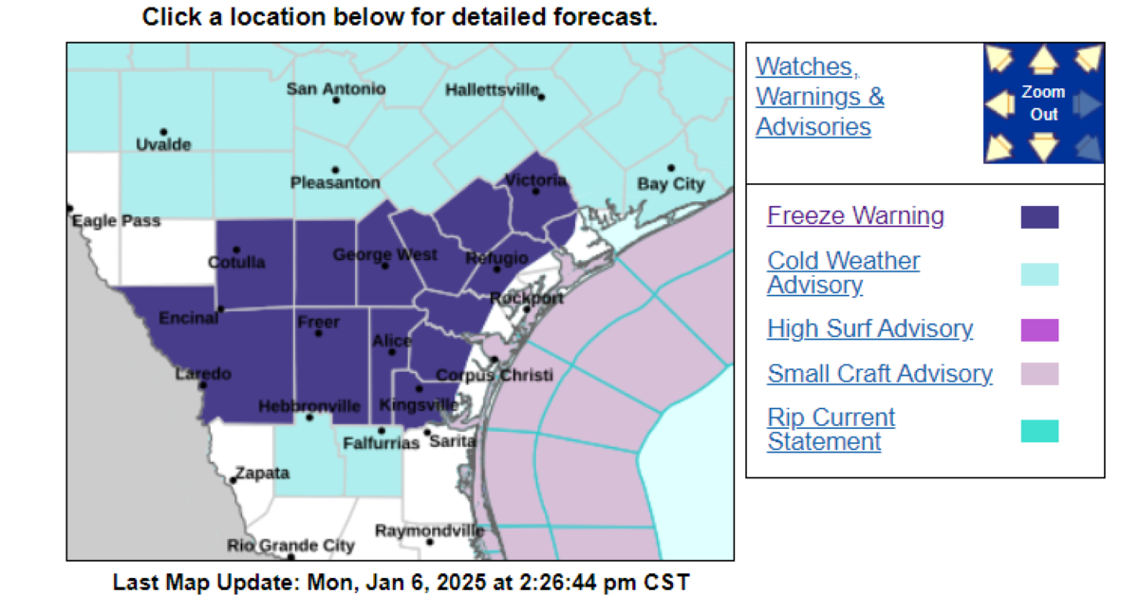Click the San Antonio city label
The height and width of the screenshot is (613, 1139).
336,89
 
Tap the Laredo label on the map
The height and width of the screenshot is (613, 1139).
203,374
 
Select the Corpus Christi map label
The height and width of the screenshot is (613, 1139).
494,376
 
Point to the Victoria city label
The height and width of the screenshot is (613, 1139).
536,180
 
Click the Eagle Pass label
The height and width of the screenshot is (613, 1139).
117,221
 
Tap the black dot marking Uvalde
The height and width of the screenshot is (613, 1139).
163,132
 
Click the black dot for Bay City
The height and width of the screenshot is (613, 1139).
671,168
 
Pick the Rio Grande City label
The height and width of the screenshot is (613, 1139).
290,546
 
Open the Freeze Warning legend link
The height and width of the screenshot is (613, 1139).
855,216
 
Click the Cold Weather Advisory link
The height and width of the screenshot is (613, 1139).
843,272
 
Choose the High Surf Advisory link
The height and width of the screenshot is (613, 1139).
869,329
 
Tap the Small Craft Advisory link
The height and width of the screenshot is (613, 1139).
880,374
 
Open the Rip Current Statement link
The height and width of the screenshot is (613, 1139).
831,430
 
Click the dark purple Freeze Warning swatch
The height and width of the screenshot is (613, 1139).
1039,217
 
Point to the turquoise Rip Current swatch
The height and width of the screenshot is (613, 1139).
1039,432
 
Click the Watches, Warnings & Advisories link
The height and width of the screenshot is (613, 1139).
819,97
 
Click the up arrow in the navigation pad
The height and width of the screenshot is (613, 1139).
1044,61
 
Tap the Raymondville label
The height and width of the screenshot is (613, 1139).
429,531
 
